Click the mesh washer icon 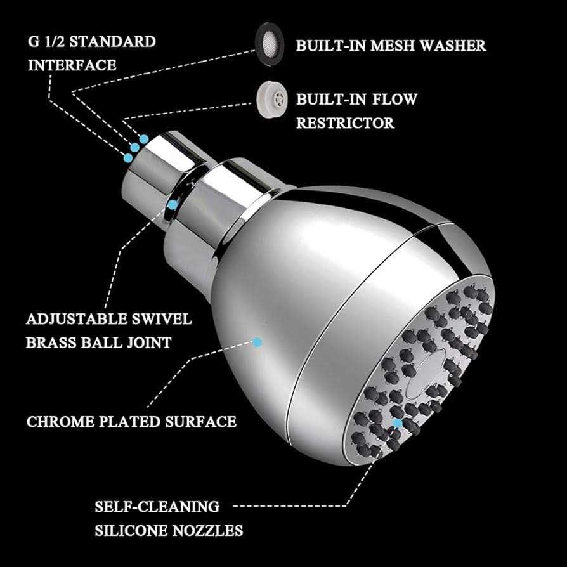click(270, 44)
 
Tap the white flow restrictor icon click(272, 100)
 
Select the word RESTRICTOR click(345, 123)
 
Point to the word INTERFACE click(72, 65)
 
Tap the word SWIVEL click(161, 319)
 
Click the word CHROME click(60, 422)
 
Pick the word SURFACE click(200, 422)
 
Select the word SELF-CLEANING click(157, 507)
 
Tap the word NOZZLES click(207, 530)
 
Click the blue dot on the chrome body click(257, 342)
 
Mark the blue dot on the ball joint click(173, 205)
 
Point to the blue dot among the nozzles click(398, 424)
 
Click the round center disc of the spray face click(425, 373)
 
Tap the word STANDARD click(112, 42)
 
